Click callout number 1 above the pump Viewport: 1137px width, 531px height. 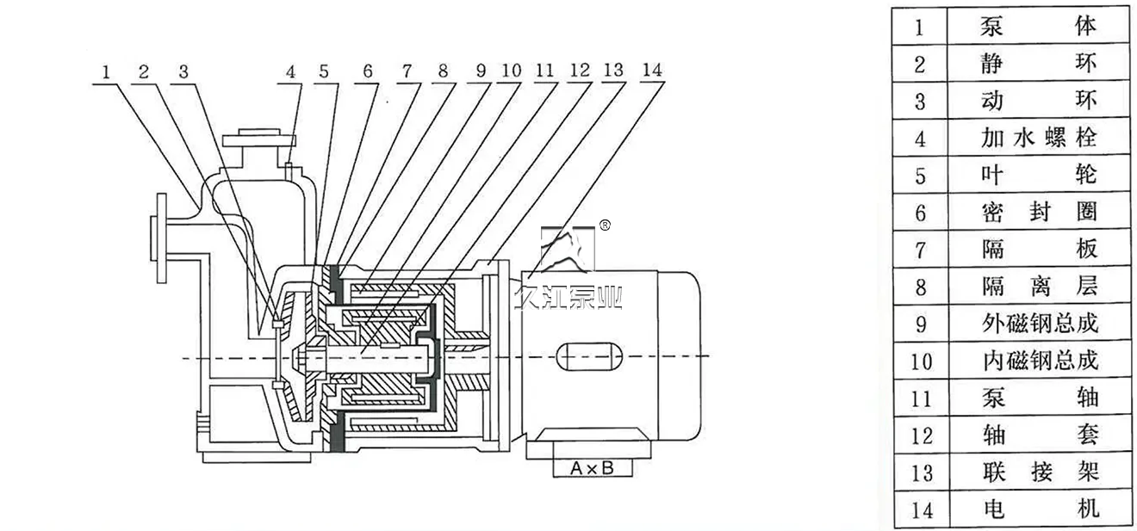106,72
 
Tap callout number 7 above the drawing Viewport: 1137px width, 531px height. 407,71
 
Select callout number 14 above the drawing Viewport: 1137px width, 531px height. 652,70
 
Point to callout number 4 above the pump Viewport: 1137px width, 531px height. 290,72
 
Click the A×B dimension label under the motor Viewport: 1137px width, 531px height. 592,468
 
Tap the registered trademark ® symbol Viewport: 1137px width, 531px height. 605,225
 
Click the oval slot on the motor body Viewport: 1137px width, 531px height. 589,356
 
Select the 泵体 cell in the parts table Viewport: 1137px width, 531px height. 1037,27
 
